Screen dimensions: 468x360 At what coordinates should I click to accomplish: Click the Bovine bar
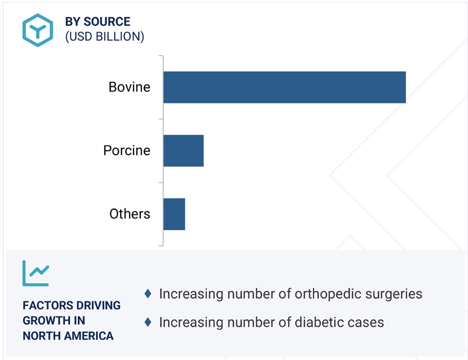point(284,88)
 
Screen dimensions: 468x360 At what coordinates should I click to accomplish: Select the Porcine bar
point(184,151)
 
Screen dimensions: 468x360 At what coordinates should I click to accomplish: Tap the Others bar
point(174,214)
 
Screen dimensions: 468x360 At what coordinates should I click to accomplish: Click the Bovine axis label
point(129,87)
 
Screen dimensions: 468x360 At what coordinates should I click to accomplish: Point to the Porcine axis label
point(127,150)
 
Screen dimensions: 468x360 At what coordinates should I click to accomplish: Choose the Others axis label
point(130,214)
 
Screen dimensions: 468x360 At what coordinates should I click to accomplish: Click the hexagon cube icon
point(38,30)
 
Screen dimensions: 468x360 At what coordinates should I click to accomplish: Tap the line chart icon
point(36,273)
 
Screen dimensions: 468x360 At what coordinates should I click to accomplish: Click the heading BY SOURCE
point(97,22)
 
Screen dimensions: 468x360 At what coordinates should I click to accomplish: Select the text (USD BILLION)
point(104,37)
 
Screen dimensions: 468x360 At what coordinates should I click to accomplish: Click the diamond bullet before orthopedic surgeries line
point(148,294)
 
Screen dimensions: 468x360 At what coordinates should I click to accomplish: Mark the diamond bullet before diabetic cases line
point(148,322)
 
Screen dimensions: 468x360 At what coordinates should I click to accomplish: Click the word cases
point(368,323)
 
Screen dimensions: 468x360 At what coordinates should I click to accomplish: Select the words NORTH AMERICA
point(68,336)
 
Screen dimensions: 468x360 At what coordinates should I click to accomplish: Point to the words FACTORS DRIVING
point(72,306)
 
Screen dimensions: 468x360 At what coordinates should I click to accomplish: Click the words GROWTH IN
point(54,320)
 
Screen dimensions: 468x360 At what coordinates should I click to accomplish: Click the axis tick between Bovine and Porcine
point(161,119)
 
